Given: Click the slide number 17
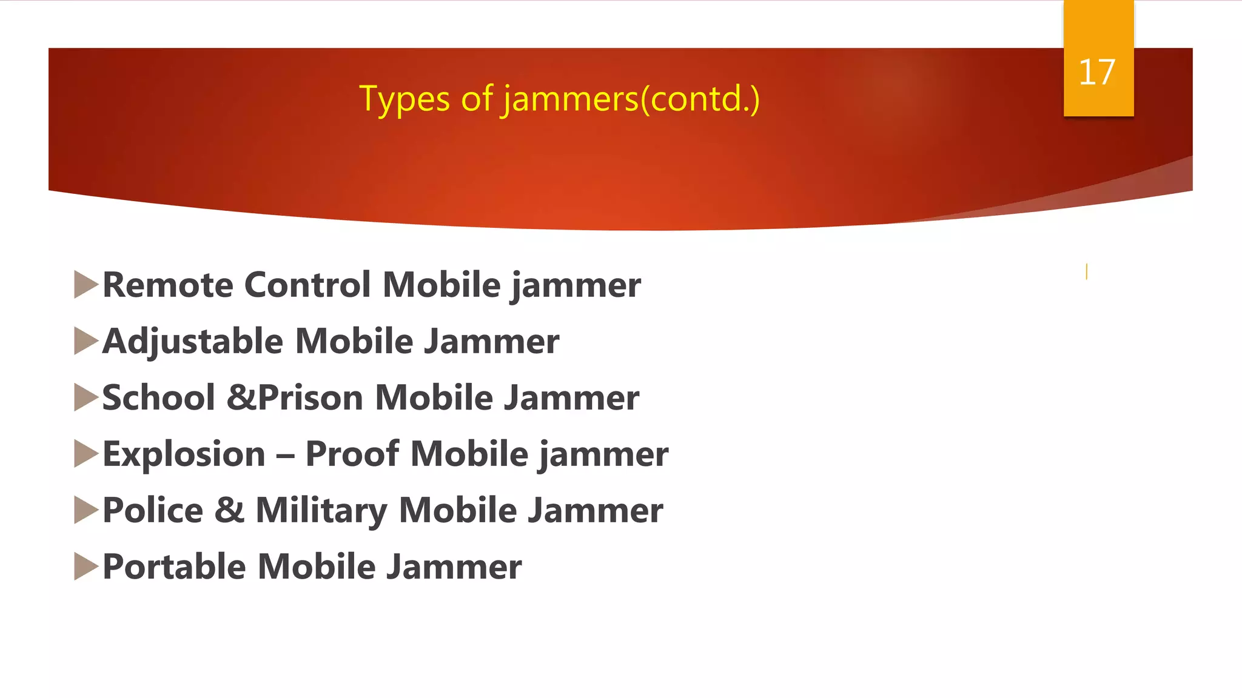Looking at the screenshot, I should click(x=1097, y=73).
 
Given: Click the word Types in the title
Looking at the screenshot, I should click(x=404, y=99).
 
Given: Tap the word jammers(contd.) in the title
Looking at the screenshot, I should click(x=631, y=99).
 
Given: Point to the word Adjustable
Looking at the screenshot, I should click(x=192, y=341).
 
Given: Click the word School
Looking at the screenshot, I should click(x=158, y=397).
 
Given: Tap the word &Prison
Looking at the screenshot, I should click(x=295, y=397).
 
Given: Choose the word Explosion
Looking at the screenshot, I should click(x=184, y=454).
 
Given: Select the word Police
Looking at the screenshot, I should click(x=153, y=510).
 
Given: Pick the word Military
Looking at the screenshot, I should click(x=321, y=510).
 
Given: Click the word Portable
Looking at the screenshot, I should click(x=174, y=567).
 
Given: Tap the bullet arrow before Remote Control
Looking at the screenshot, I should click(x=86, y=284).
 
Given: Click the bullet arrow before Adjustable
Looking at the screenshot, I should click(x=86, y=341).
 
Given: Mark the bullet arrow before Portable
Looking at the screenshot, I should click(x=86, y=567).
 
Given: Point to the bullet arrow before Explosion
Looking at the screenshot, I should click(x=86, y=454).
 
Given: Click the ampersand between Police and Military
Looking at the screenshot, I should click(x=229, y=510).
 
